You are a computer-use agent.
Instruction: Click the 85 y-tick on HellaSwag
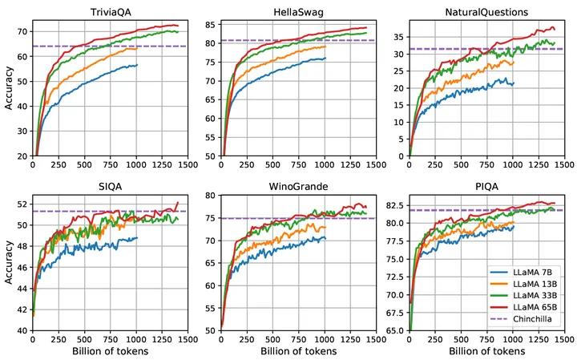tap(210, 24)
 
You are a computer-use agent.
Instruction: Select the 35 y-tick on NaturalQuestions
tap(399, 35)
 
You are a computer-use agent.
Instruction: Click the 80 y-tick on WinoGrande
tap(210, 196)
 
